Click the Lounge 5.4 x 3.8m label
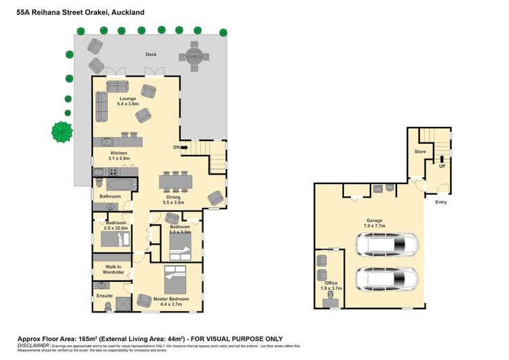[127, 101]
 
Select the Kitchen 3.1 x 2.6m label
[119, 156]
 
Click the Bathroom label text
[110, 196]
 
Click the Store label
[420, 151]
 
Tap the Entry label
[441, 201]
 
